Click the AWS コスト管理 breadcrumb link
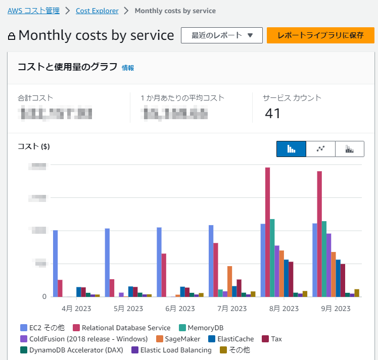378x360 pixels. pyautogui.click(x=33, y=11)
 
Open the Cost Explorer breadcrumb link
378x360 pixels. pyautogui.click(x=97, y=11)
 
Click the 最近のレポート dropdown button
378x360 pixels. pyautogui.click(x=222, y=35)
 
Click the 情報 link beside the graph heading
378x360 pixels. pyautogui.click(x=128, y=68)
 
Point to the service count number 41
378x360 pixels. pyautogui.click(x=272, y=114)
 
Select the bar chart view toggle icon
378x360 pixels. pyautogui.click(x=291, y=149)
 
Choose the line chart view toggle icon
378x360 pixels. pyautogui.click(x=320, y=149)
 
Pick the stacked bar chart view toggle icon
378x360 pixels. pyautogui.click(x=349, y=149)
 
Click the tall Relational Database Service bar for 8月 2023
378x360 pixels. pyautogui.click(x=267, y=232)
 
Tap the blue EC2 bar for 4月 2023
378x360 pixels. pyautogui.click(x=55, y=263)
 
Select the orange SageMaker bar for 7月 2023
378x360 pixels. pyautogui.click(x=229, y=281)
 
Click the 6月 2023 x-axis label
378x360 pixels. pyautogui.click(x=180, y=308)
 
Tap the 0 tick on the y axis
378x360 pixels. pyautogui.click(x=44, y=296)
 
